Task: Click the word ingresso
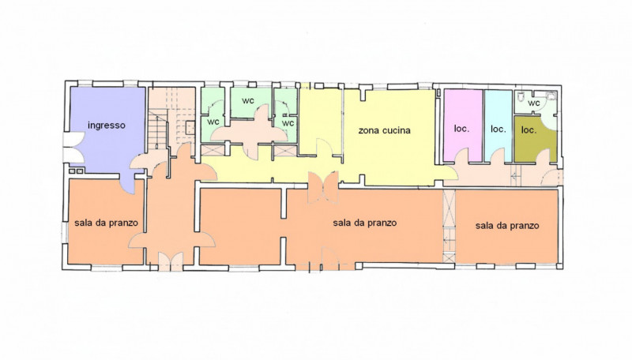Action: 107,126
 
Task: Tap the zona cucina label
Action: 384,130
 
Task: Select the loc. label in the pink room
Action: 461,129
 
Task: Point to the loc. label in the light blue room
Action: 498,129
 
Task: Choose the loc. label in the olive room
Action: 529,129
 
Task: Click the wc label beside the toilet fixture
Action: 534,103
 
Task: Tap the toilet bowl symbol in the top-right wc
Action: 521,96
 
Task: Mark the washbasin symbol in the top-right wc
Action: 551,96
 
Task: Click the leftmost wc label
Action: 213,122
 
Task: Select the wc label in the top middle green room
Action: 248,100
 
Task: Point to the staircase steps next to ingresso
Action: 157,129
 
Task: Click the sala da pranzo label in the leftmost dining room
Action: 106,223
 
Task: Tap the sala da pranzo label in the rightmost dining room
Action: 507,226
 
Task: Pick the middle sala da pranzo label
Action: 365,223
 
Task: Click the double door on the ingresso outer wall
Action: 74,148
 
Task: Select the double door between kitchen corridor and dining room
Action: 323,187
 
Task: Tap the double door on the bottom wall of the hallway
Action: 171,261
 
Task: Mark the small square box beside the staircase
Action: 190,128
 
